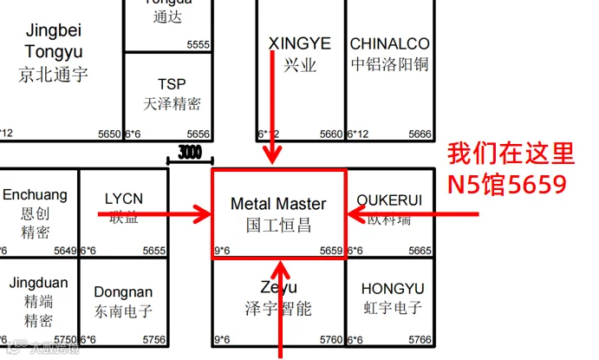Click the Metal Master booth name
[x=278, y=204]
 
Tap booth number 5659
[x=332, y=251]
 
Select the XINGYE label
[x=300, y=43]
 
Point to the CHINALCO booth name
[x=389, y=43]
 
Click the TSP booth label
[x=172, y=84]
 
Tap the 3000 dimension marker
[x=190, y=153]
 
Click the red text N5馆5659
[x=506, y=184]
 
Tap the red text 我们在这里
[x=511, y=155]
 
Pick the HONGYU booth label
[x=393, y=288]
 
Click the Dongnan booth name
[x=123, y=292]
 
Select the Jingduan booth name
[x=37, y=283]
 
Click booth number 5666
[x=420, y=134]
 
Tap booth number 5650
[x=109, y=134]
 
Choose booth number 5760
[x=331, y=340]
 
